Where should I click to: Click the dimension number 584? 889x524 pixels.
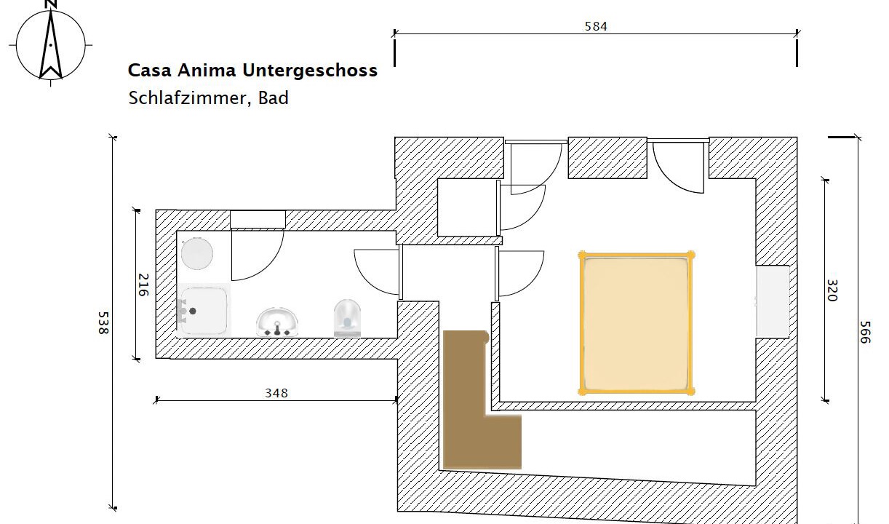(x=596, y=26)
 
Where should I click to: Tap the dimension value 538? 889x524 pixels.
(x=103, y=322)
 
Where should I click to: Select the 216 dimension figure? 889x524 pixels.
(x=143, y=285)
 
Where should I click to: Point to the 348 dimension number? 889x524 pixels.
(x=276, y=393)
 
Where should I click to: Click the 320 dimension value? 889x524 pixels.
(x=832, y=290)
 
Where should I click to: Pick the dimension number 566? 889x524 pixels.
(x=865, y=333)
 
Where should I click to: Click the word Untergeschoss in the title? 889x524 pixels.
(x=310, y=71)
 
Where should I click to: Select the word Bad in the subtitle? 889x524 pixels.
(x=273, y=98)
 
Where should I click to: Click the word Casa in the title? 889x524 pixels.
(x=150, y=71)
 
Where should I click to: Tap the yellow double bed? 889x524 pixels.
(x=636, y=322)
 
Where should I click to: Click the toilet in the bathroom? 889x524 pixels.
(x=347, y=319)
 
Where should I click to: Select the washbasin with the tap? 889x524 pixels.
(x=277, y=322)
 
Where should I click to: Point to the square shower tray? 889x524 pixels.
(x=204, y=311)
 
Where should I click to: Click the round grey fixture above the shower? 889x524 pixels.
(x=197, y=253)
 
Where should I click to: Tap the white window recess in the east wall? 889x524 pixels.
(x=773, y=302)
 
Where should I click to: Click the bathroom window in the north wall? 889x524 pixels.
(x=258, y=220)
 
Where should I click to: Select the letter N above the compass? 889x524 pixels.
(x=51, y=4)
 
